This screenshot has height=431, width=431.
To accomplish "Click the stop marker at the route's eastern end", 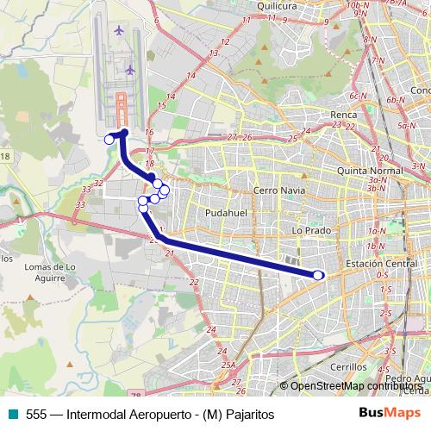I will (x=318, y=275).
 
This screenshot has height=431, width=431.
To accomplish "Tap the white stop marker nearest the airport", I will (x=109, y=139).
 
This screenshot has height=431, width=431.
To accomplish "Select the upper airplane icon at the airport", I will (x=118, y=31).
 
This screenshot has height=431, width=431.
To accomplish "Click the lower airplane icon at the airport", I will (x=130, y=70).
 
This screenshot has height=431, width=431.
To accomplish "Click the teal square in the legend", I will (x=10, y=414).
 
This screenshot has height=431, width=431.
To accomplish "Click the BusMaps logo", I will (x=389, y=414).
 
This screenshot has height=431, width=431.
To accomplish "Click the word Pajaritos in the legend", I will (x=247, y=414).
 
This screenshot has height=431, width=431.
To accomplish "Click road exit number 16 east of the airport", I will (x=149, y=132).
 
